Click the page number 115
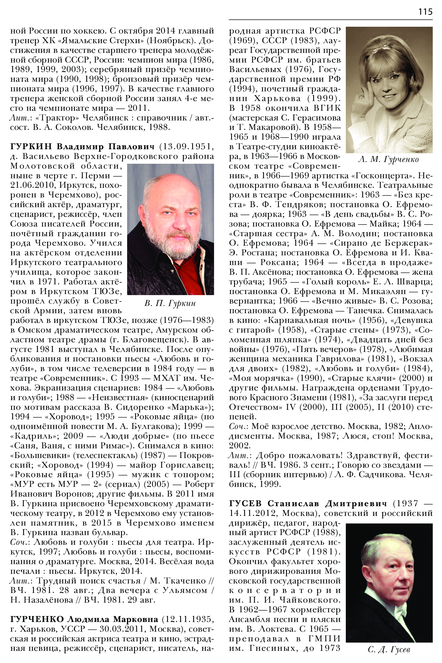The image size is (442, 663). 425,12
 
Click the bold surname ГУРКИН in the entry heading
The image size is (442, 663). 31,146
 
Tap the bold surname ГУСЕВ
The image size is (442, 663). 245,503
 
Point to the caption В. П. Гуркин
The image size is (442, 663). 170,303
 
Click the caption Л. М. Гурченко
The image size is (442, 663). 389,160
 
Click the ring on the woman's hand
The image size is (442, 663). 361,96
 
